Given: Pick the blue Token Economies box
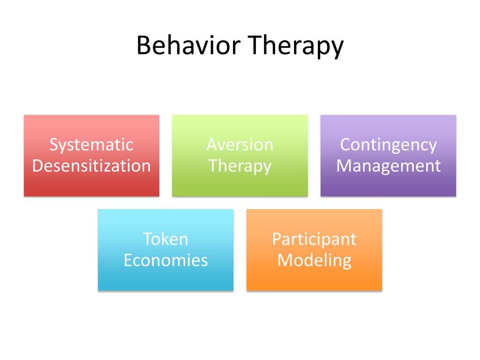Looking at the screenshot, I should coord(165,277).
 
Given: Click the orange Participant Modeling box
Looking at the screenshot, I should coord(314,277).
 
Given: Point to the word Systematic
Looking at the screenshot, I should coord(91,145).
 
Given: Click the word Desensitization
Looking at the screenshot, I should coord(91,166).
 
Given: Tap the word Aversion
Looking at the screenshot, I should coord(240,145).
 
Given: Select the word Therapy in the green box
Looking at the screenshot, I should coord(240,166).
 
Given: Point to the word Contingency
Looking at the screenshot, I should coord(388,145).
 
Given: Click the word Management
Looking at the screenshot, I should coord(388,166).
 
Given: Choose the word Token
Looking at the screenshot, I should coord(165,239).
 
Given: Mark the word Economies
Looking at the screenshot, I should coord(165,260).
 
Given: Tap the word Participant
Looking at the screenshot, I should coord(314,240).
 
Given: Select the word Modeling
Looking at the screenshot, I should coord(314,261).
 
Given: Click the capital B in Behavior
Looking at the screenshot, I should coord(143,46).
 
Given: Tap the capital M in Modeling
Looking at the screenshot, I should coord(284,260).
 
